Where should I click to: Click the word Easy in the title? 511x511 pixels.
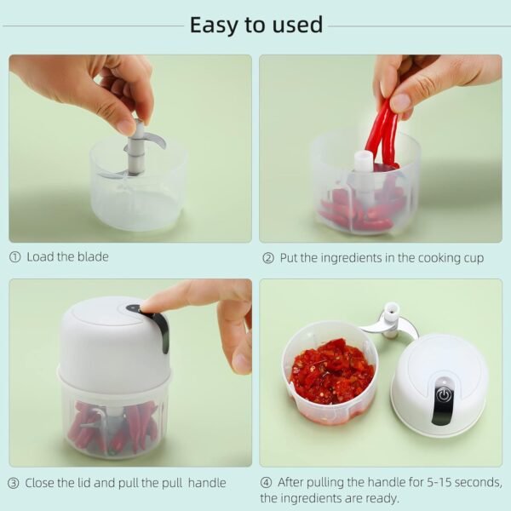pyautogui.click(x=213, y=25)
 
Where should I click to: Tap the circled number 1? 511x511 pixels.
pyautogui.click(x=14, y=256)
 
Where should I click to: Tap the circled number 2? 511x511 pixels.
pyautogui.click(x=267, y=257)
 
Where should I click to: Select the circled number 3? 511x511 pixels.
pyautogui.click(x=14, y=483)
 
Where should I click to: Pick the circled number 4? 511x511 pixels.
pyautogui.click(x=267, y=483)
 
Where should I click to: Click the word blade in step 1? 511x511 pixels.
pyautogui.click(x=92, y=256)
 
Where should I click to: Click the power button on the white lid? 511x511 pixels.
pyautogui.click(x=443, y=394)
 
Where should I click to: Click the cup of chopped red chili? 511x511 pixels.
pyautogui.click(x=330, y=373)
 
